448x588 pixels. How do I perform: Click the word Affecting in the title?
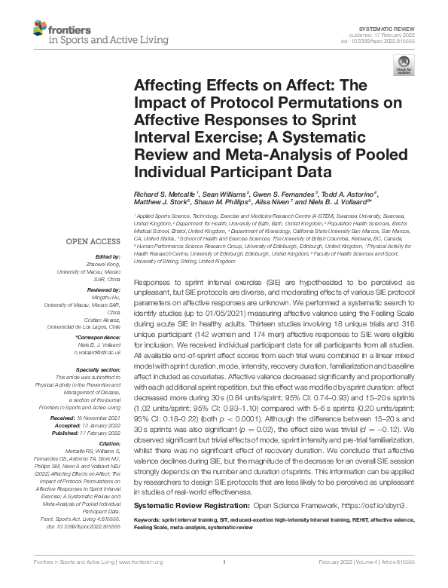pyautogui.click(x=169, y=87)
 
